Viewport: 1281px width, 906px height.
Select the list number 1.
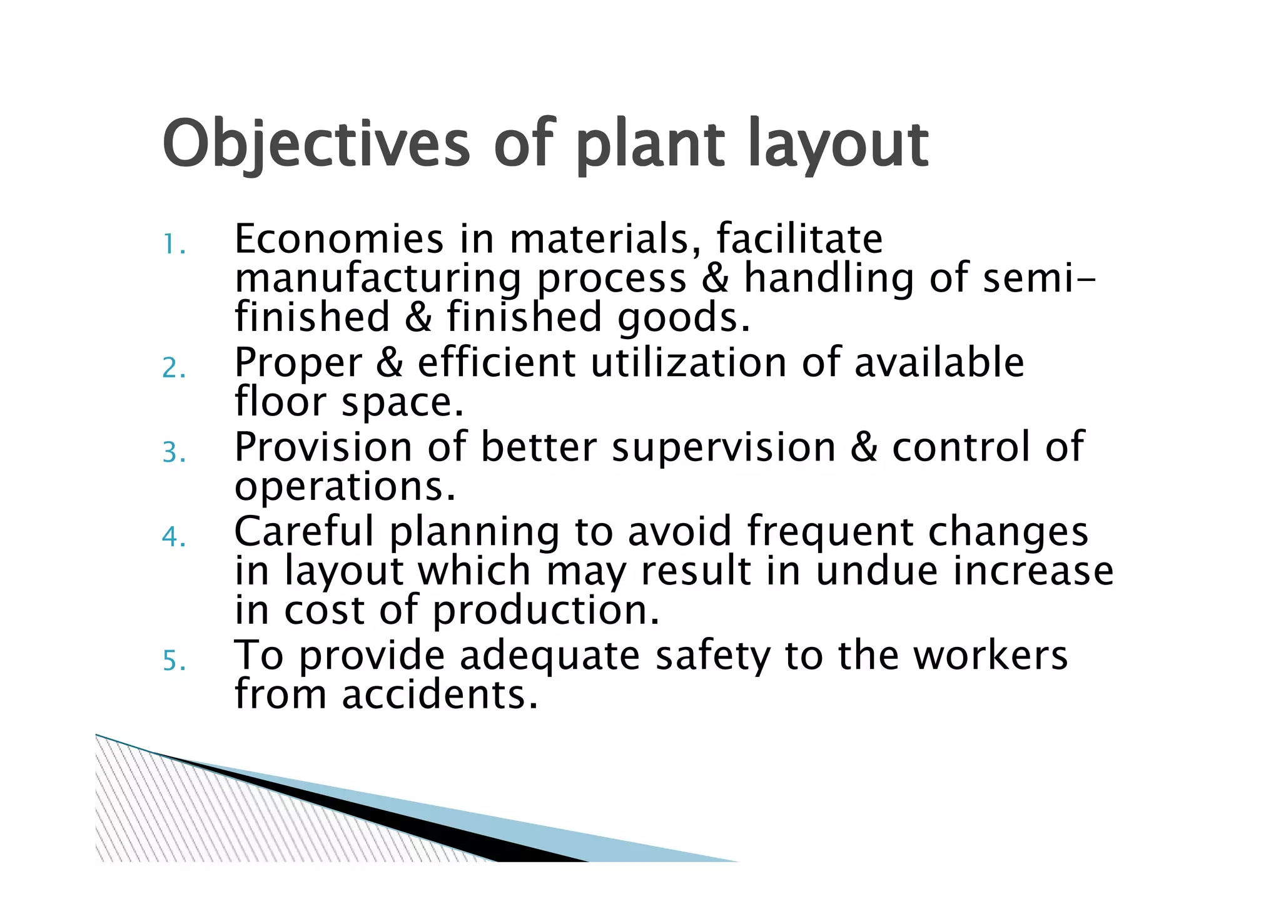point(173,244)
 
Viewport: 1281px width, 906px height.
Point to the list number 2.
point(173,368)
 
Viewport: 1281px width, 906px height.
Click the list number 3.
point(173,452)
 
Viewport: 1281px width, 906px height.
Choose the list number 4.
point(173,537)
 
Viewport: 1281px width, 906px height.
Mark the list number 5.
point(174,661)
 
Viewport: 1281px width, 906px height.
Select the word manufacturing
point(378,278)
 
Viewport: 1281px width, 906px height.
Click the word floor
point(280,402)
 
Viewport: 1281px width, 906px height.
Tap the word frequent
point(829,532)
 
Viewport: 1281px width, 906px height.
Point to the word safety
point(713,656)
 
